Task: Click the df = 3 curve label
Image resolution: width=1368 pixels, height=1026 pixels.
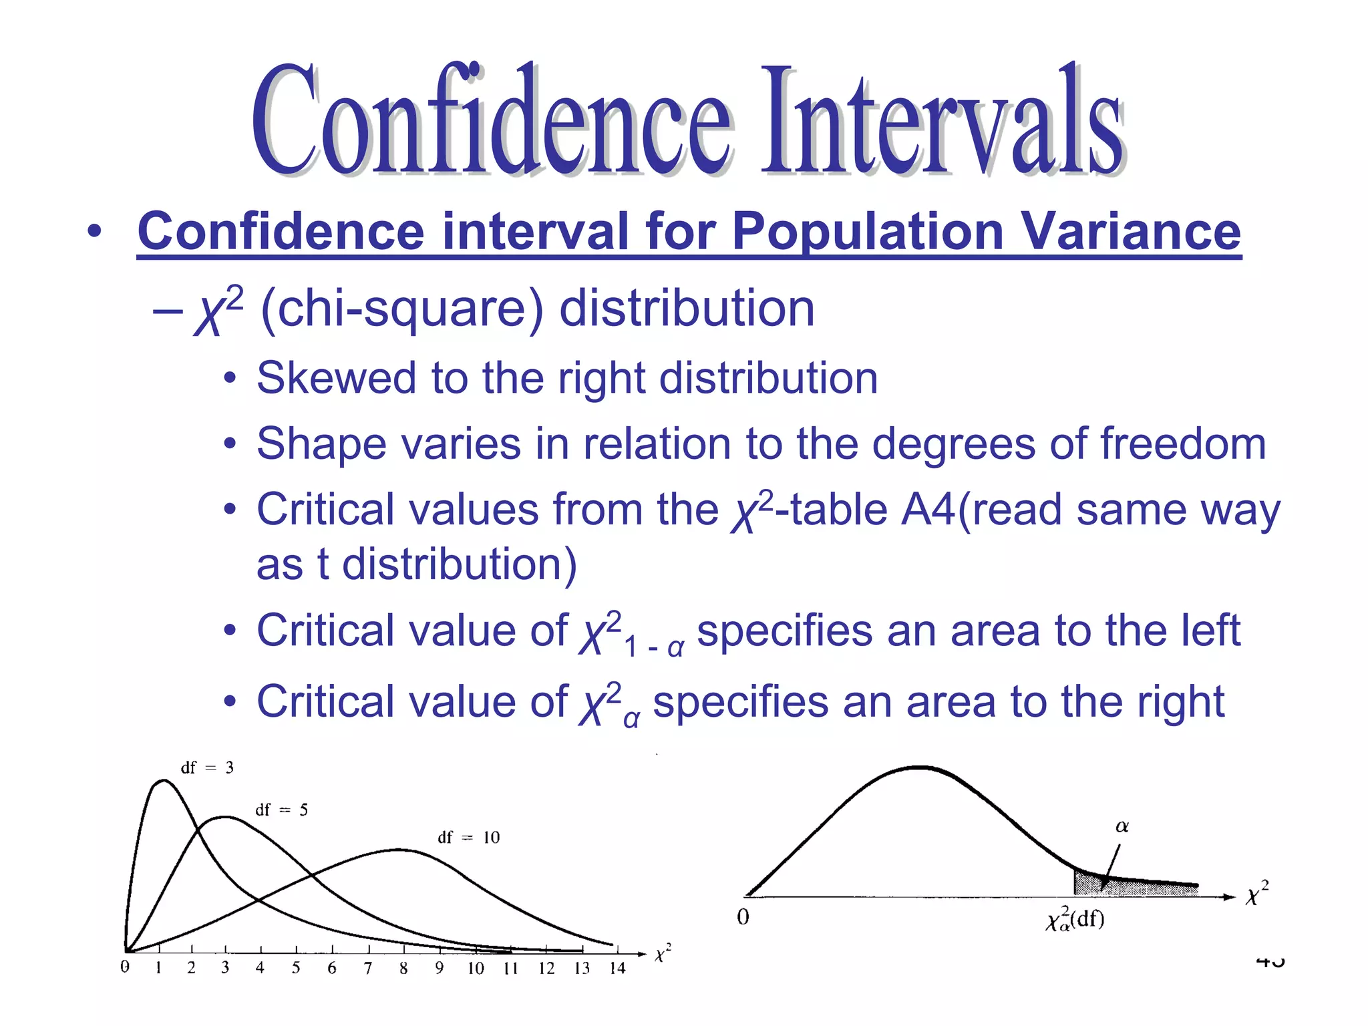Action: click(x=207, y=768)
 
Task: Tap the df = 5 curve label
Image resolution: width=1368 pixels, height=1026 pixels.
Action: click(x=281, y=810)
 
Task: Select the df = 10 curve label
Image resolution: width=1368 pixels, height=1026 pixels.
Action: click(x=468, y=838)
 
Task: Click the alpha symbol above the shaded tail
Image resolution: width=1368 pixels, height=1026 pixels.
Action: click(x=1122, y=827)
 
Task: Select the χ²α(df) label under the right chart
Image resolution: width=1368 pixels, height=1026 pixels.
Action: click(x=1075, y=920)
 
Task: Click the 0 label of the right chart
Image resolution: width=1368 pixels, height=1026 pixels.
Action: click(x=743, y=917)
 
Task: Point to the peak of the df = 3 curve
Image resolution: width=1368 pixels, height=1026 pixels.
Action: click(x=163, y=780)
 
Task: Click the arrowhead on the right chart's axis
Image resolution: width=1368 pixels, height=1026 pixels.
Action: click(x=1229, y=897)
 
